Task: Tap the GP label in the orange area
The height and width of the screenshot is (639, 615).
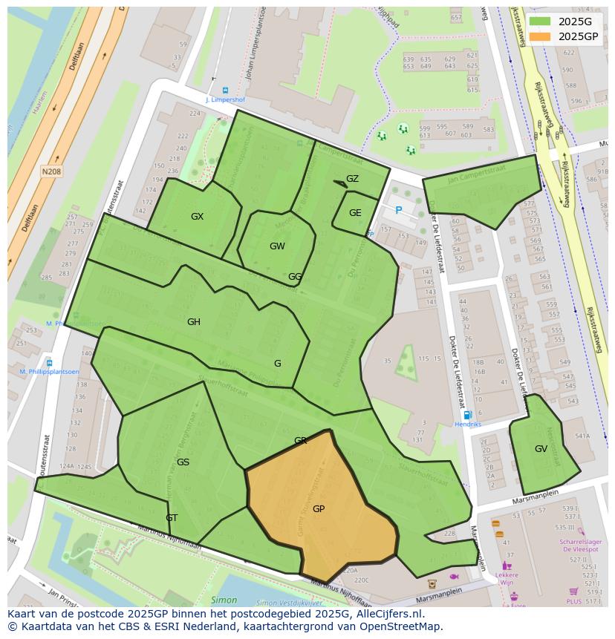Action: tap(319, 509)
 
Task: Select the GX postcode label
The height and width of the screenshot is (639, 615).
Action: tap(197, 217)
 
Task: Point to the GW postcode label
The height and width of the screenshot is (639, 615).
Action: tap(277, 246)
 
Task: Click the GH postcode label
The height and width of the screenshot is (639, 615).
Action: tap(194, 322)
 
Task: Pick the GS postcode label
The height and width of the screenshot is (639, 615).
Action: tap(183, 462)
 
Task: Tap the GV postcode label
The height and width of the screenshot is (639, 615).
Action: tap(541, 449)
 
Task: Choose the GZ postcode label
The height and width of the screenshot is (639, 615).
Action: tap(352, 179)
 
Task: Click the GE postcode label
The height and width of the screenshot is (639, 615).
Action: tap(355, 213)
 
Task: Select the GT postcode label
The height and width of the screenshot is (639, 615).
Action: tap(172, 518)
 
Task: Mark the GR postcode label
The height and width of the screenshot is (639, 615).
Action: tap(300, 441)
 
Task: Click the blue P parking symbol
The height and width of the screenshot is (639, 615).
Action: tap(399, 211)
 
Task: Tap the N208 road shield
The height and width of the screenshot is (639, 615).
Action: tap(51, 171)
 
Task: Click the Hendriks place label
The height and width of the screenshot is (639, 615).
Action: tap(467, 425)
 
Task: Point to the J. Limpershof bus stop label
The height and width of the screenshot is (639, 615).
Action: tap(225, 99)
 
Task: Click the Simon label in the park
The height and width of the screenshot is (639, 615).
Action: tap(224, 600)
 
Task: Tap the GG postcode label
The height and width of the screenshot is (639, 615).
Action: tap(295, 277)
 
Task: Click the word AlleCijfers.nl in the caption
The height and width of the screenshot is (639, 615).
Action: tap(386, 614)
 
